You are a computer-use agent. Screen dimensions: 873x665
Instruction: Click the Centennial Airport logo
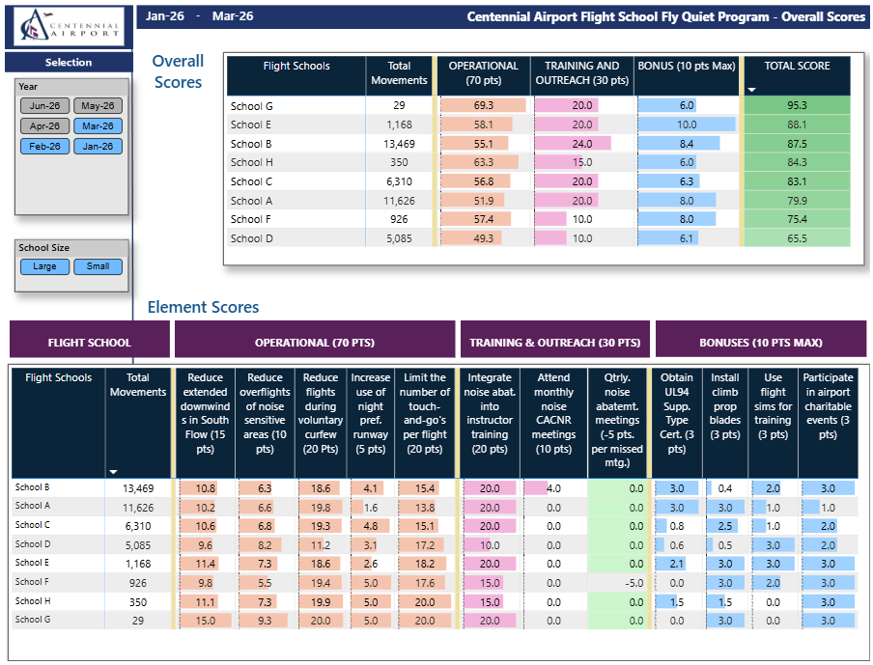(x=69, y=26)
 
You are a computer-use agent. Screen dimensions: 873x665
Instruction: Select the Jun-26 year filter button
(x=44, y=106)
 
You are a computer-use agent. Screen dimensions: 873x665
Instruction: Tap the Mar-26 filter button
(x=98, y=126)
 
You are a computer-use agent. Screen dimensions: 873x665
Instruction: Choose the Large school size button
(x=44, y=266)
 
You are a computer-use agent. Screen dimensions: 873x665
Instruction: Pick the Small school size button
(x=98, y=266)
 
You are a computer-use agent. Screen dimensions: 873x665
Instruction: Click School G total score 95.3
(x=797, y=105)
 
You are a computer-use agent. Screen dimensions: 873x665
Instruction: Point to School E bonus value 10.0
(x=687, y=125)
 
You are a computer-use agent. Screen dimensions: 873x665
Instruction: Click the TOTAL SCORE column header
(x=797, y=66)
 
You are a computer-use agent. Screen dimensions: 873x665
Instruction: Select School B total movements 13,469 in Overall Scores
(x=399, y=144)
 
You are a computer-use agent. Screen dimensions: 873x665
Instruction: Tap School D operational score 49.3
(x=483, y=238)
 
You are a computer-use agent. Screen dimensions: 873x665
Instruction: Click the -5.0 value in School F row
(x=634, y=583)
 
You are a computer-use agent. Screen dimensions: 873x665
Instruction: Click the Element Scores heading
(x=203, y=307)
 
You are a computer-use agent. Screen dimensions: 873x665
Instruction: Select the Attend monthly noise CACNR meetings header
(x=553, y=413)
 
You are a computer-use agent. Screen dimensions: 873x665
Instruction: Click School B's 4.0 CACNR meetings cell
(x=553, y=488)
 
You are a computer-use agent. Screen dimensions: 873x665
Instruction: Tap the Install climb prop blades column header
(x=725, y=406)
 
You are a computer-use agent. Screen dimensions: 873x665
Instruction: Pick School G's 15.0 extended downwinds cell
(x=205, y=621)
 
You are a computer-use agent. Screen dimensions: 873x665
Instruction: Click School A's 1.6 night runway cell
(x=370, y=508)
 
